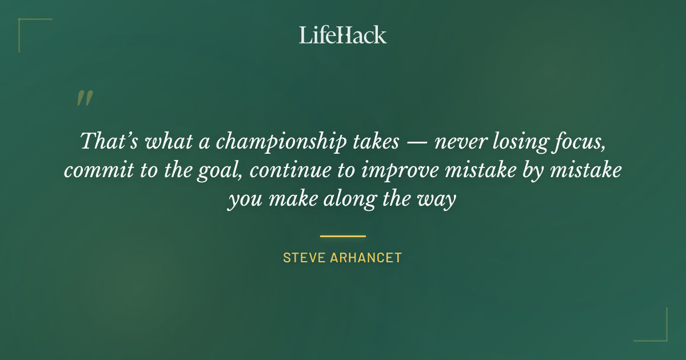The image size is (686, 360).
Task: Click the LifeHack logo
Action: pos(342,35)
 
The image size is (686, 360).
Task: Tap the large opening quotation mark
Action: pos(84,99)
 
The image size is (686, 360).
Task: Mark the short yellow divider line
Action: pos(342,235)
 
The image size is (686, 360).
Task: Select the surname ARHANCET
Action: pos(366,258)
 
